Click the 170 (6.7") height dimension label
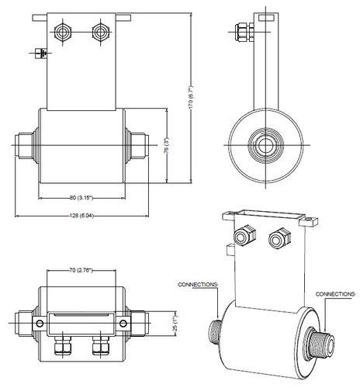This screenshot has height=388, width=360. [x=191, y=96]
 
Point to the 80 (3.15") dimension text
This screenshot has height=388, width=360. [x=81, y=198]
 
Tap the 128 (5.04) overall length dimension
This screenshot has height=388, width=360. [x=81, y=216]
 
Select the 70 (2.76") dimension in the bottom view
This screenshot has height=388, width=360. [x=81, y=270]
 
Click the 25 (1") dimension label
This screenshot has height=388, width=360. [x=175, y=324]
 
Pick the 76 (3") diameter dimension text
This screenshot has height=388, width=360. [x=167, y=146]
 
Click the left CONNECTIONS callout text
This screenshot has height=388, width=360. [x=198, y=285]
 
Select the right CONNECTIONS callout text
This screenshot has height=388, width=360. [x=335, y=294]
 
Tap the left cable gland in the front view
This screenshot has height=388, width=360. [x=62, y=33]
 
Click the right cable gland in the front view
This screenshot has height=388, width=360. [x=100, y=33]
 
